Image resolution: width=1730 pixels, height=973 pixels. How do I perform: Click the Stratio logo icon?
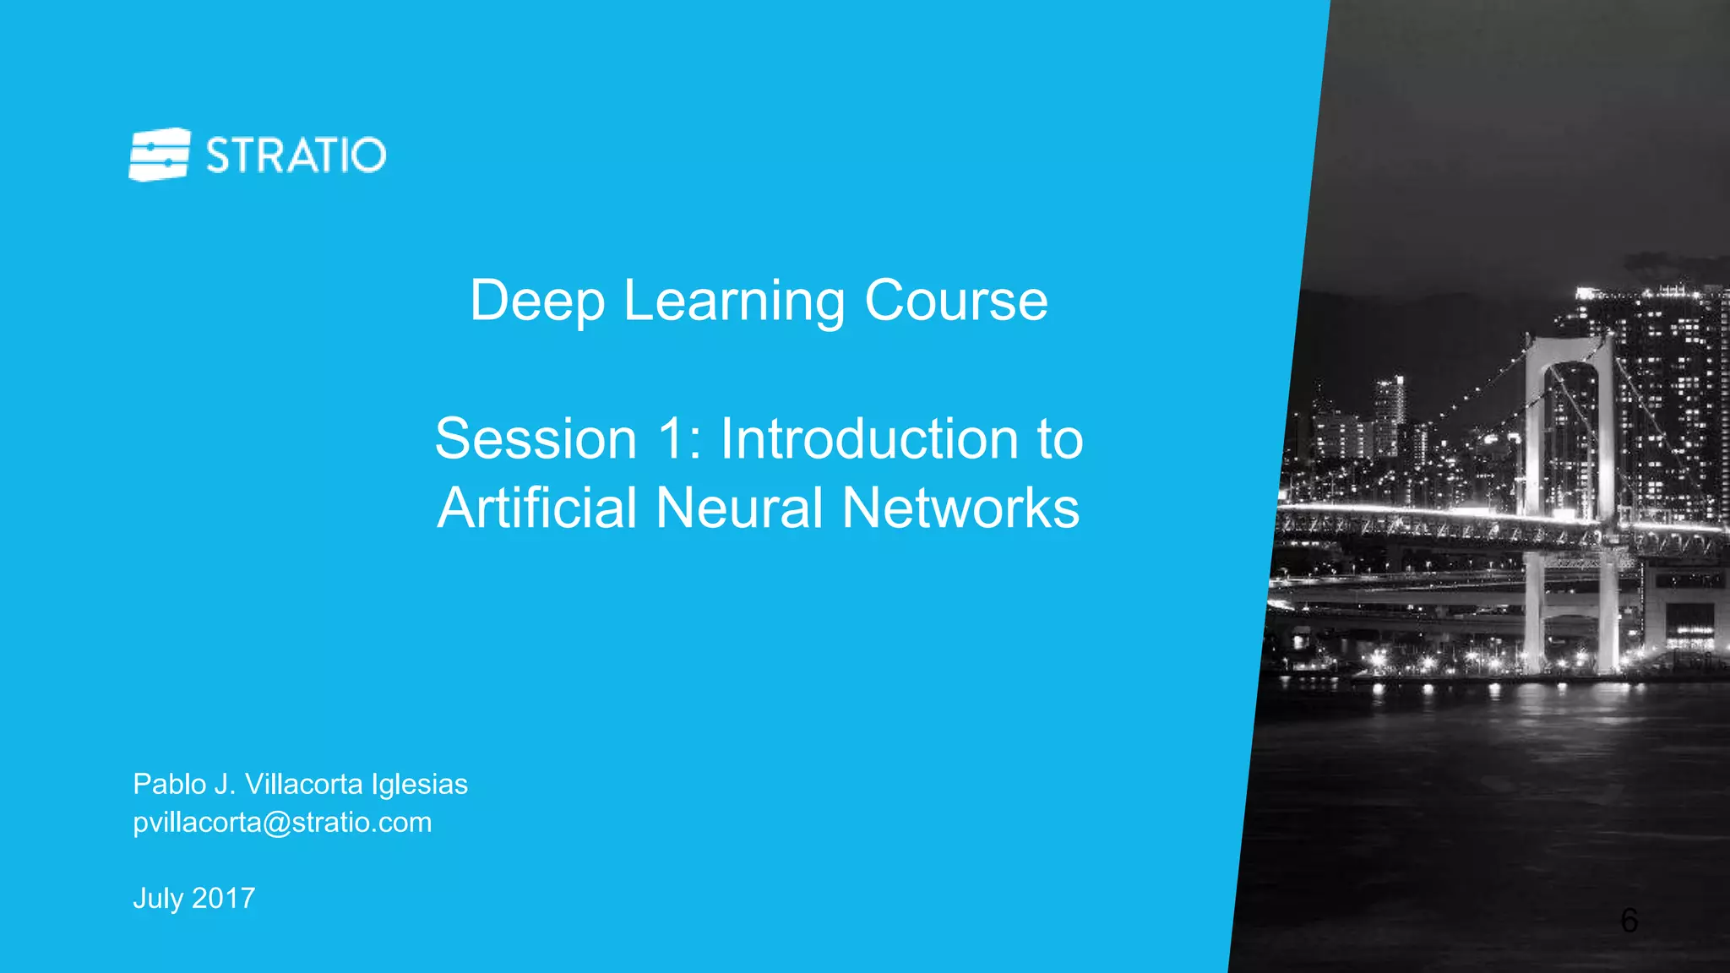(159, 155)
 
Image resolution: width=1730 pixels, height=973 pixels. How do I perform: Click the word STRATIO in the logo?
(296, 155)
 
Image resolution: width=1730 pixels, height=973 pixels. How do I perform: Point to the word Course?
(955, 301)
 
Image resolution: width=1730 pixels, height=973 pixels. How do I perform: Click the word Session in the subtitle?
(536, 439)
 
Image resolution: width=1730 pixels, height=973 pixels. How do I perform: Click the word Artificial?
(536, 508)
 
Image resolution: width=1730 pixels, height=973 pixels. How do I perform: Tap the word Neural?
(739, 508)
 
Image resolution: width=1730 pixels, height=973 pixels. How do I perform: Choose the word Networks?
(960, 508)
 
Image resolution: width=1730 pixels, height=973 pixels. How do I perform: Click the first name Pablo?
(170, 784)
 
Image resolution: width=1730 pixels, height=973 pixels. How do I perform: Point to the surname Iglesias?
(419, 785)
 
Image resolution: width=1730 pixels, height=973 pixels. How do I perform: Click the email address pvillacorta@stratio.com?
(282, 822)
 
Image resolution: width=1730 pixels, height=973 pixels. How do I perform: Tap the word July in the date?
(158, 898)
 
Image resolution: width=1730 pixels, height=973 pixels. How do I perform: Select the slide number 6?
(1629, 920)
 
